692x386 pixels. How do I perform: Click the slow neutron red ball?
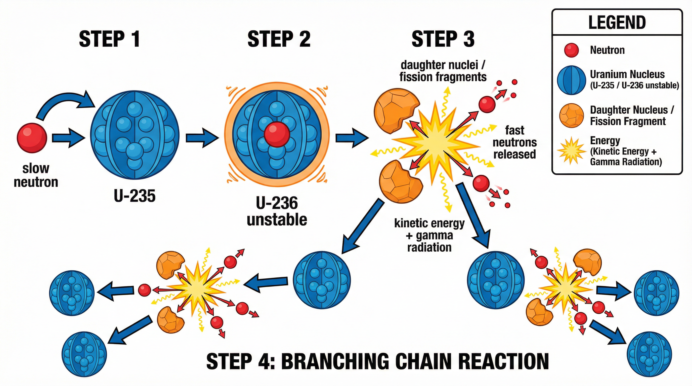pos(32,138)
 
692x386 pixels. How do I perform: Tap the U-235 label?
pos(135,196)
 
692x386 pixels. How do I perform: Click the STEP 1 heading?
pos(109,39)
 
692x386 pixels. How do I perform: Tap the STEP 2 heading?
pos(279,39)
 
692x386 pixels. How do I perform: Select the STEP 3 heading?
pos(443,39)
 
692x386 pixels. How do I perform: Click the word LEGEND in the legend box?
pos(617,23)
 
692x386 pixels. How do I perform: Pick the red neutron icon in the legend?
pos(571,50)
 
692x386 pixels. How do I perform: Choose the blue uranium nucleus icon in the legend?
pos(571,80)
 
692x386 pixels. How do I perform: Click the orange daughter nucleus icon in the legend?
pos(571,115)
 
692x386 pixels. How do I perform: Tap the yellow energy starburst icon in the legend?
pos(571,151)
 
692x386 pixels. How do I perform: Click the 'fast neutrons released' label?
pos(514,142)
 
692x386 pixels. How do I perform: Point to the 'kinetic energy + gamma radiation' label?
pos(429,235)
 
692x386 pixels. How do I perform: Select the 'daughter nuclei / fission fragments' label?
pos(443,71)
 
